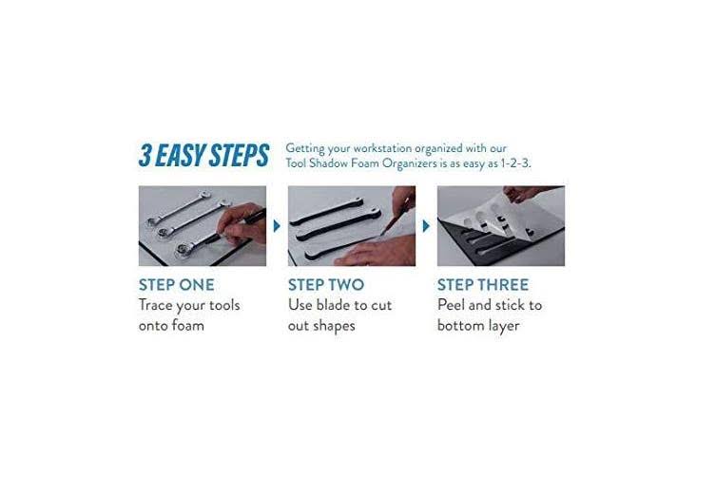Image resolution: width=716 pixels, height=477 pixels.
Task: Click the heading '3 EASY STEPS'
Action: click(203, 155)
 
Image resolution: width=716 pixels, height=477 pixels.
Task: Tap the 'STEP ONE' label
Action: click(176, 285)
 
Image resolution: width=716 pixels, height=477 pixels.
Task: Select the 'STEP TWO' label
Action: click(326, 285)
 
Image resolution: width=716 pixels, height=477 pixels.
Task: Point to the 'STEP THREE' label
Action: click(483, 285)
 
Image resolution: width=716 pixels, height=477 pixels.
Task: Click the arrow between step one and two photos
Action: click(277, 225)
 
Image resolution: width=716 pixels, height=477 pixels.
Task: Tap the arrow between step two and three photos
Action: click(426, 225)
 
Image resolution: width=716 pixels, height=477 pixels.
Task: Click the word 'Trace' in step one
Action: click(156, 305)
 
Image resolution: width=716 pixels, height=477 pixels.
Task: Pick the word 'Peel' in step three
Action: click(451, 305)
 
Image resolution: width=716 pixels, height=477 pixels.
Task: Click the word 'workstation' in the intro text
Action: click(382, 148)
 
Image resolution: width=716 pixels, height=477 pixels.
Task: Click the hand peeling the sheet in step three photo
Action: click(526, 194)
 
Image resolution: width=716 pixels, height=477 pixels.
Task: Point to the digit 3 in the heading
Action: click(145, 155)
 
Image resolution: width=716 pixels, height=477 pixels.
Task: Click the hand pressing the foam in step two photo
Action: click(377, 251)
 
